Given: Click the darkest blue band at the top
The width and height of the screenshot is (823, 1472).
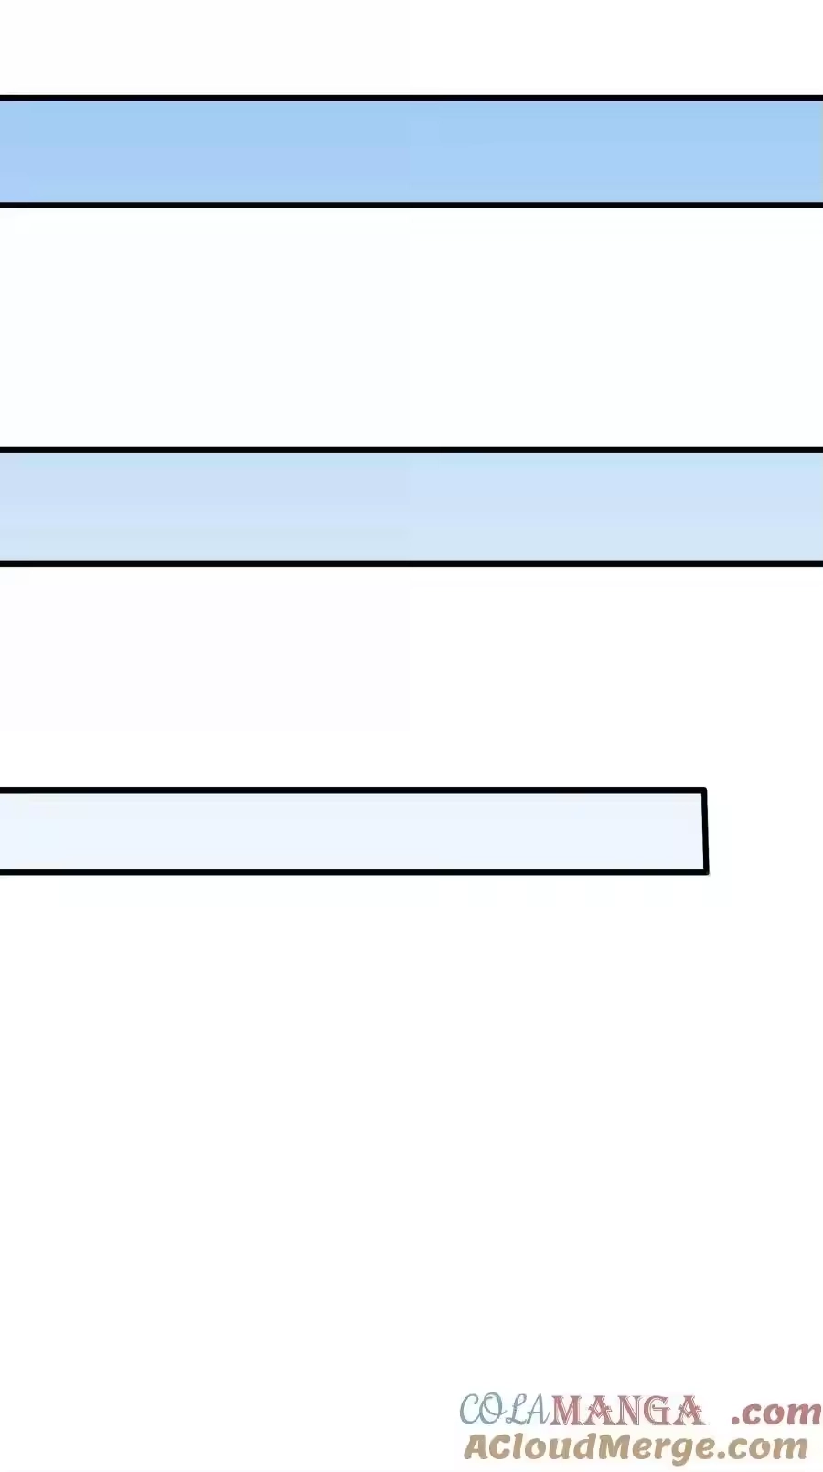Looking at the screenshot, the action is [x=411, y=152].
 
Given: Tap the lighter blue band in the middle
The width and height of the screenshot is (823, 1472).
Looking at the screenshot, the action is [x=411, y=507].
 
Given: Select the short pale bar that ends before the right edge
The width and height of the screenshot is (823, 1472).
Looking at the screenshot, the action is [x=354, y=831].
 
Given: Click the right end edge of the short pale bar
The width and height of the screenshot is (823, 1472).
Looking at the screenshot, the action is [x=705, y=831].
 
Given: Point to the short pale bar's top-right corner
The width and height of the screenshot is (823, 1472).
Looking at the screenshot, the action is [x=705, y=789].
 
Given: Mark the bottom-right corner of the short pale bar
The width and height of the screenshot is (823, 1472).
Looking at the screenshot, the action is [x=707, y=872].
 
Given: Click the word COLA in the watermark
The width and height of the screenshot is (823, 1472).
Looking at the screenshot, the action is [x=504, y=1410].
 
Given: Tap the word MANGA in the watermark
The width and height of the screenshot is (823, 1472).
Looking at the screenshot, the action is [x=626, y=1410].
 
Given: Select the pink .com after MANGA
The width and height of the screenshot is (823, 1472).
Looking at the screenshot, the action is [x=775, y=1413].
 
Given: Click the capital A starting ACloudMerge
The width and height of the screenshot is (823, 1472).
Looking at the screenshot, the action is [x=479, y=1446].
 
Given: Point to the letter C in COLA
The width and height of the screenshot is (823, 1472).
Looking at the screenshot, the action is [x=473, y=1410].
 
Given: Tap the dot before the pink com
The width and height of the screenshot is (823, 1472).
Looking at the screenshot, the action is [x=736, y=1421].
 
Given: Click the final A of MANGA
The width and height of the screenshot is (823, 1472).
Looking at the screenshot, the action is [x=688, y=1411].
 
